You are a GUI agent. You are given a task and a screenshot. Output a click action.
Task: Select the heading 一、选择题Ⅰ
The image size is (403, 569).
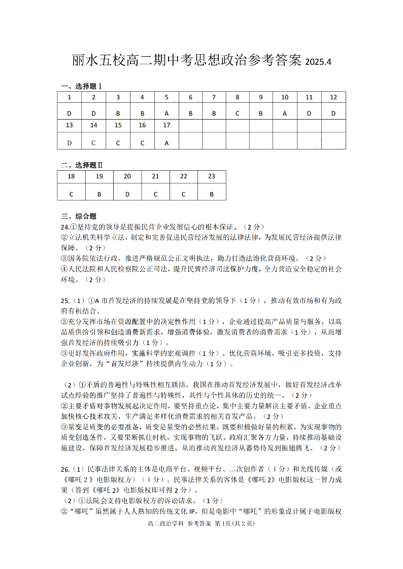pos(81,86)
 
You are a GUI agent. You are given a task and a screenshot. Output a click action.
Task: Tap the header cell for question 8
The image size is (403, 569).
pos(237,97)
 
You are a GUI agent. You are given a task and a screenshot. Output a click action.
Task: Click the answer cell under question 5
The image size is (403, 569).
pos(166,113)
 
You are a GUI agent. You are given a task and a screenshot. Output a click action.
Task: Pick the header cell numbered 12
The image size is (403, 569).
pos(333,97)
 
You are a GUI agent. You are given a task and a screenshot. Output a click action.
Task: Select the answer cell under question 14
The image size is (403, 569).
pos(93,143)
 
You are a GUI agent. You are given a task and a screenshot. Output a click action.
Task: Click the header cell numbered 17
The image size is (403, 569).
pos(166,125)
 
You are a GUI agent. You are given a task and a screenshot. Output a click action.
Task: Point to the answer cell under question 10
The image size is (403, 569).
pos(285,113)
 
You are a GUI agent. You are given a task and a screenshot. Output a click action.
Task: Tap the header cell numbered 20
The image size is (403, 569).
pos(127,176)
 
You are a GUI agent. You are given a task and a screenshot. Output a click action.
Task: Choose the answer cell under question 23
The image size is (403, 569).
pos(212,194)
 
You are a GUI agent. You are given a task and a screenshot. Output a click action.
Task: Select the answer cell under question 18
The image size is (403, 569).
pos(71,194)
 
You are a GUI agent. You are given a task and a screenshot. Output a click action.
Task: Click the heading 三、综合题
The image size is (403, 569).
pos(79,216)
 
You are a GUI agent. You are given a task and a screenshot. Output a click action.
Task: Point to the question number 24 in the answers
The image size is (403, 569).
pos(64,226)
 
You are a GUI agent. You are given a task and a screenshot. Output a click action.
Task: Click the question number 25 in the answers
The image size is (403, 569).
pos(64,300)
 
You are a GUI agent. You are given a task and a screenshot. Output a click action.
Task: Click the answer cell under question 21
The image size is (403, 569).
pos(155,194)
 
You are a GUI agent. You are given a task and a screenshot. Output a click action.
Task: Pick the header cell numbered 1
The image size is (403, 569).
pos(70,97)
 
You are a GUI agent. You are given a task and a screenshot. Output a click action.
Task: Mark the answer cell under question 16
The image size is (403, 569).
pos(142,143)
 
